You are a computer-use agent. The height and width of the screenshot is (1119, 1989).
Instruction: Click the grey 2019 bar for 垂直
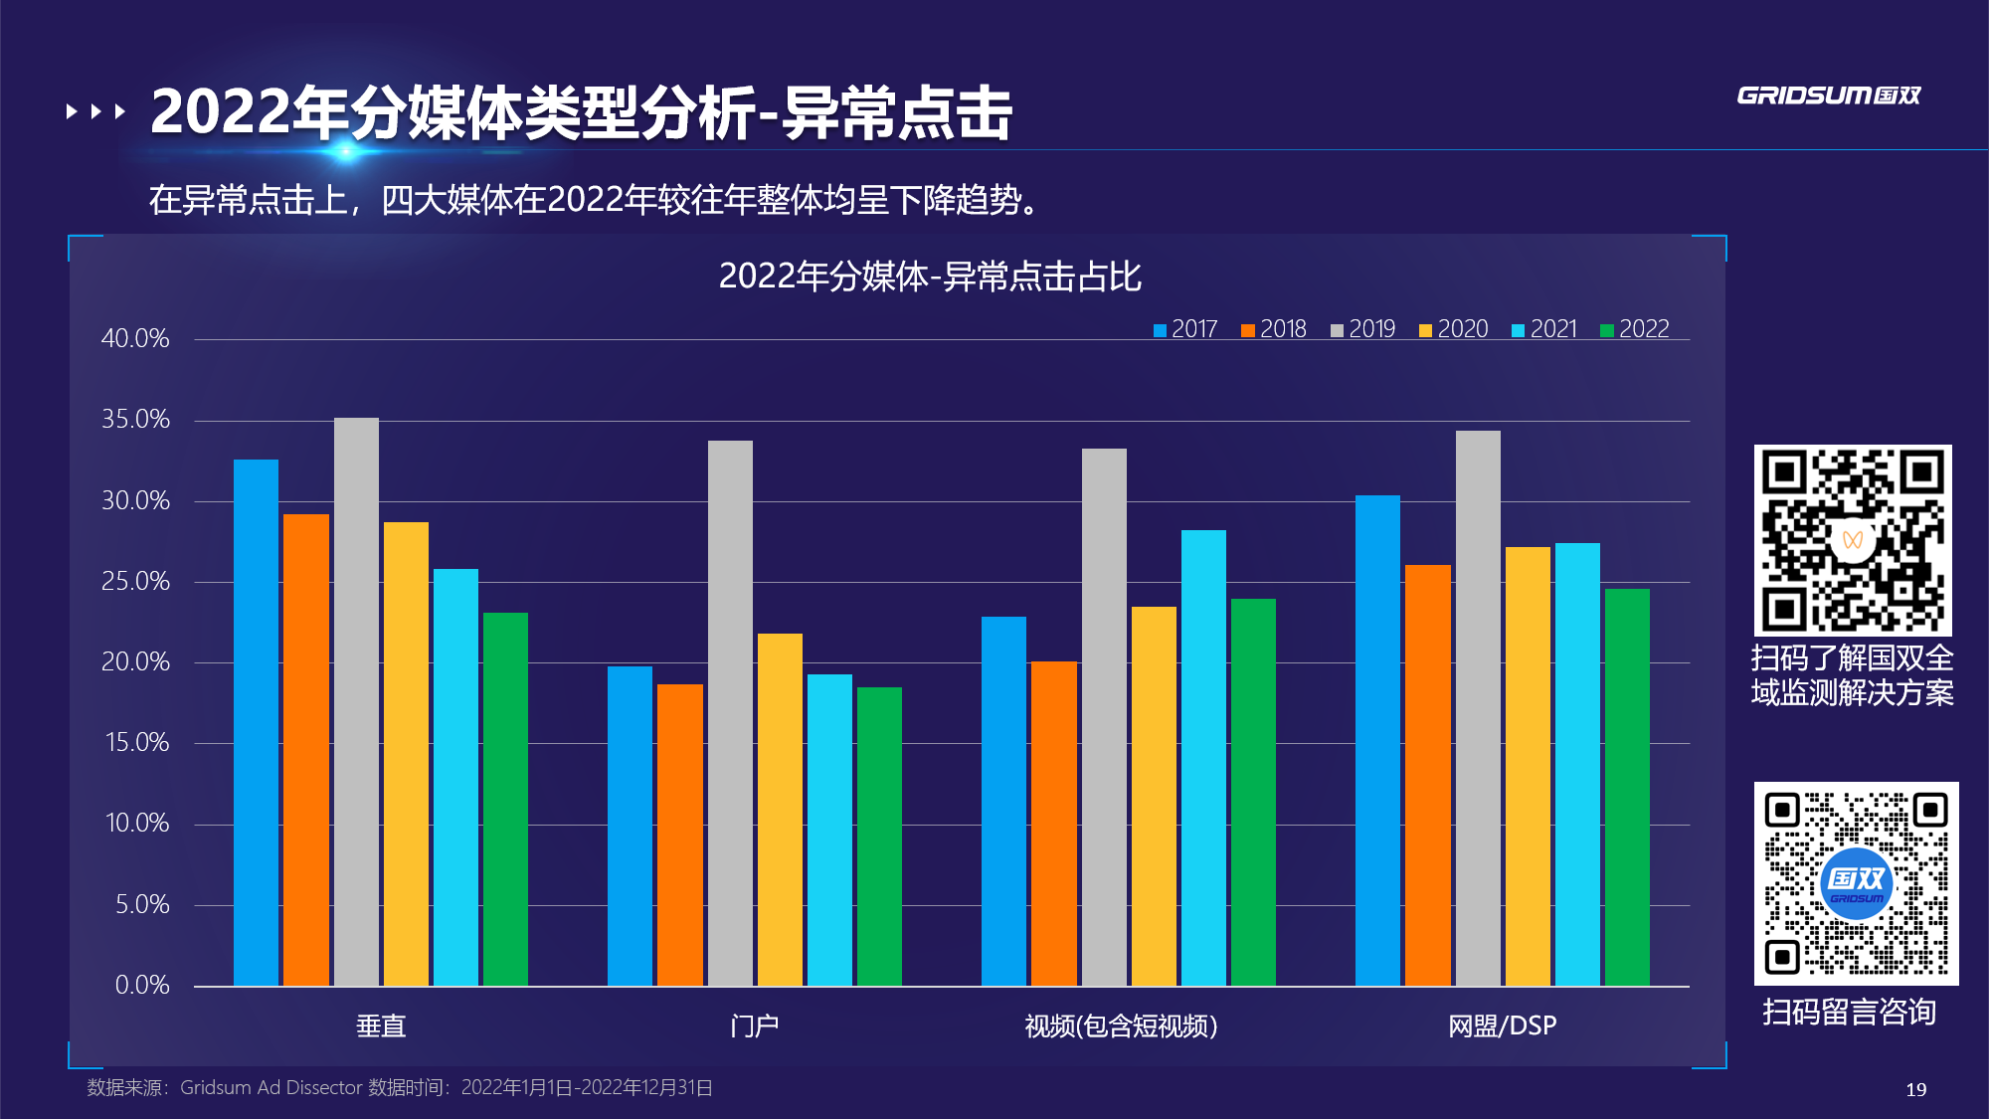[356, 701]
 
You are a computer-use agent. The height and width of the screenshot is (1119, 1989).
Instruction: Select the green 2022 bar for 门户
[879, 836]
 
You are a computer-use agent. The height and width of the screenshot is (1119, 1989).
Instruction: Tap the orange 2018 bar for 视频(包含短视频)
[1053, 823]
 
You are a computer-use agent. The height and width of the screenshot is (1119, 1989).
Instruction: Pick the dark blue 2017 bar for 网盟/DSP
[1377, 740]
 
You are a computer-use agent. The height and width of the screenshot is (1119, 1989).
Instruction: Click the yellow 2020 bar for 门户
[780, 809]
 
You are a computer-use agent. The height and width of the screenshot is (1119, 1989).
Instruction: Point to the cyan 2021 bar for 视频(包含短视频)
[1203, 757]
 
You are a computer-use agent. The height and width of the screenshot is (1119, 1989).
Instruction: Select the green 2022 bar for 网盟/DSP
[1627, 787]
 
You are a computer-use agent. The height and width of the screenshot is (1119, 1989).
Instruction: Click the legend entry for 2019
[1363, 329]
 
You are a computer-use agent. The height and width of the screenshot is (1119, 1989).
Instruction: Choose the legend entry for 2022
[1635, 329]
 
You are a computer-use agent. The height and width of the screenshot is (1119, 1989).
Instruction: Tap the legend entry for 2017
[1185, 329]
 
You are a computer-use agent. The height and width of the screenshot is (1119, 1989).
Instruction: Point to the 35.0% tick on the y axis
[135, 420]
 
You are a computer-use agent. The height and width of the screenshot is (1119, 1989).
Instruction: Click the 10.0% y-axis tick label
[137, 824]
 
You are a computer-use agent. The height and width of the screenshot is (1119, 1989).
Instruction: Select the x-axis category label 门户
[754, 1026]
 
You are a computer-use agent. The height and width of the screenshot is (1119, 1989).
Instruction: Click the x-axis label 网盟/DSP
[1502, 1026]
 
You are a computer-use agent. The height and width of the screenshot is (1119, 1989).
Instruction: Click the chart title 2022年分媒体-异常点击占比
[930, 277]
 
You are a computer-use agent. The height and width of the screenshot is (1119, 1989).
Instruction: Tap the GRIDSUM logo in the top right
[1828, 95]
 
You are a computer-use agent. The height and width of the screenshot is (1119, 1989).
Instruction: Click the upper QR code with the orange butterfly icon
[1853, 540]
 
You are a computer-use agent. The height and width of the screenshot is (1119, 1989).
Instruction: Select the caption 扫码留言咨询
[1850, 1012]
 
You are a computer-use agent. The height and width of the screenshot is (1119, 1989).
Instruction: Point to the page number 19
[1916, 1089]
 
